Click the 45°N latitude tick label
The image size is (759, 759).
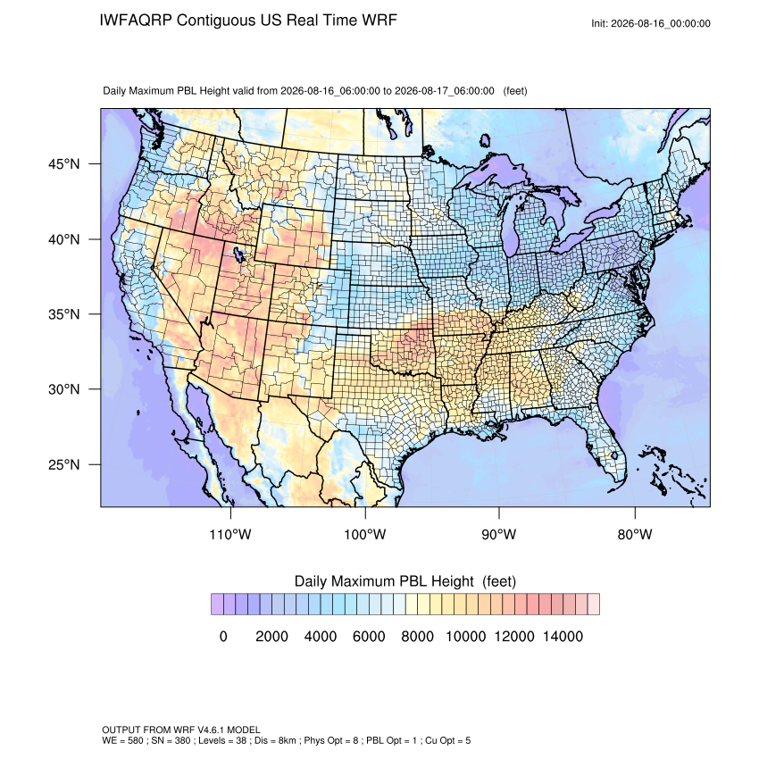63,164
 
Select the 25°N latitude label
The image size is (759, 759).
63,464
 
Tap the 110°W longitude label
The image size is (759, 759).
230,534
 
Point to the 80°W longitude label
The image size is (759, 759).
635,534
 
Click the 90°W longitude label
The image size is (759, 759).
498,534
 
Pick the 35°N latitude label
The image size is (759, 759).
63,314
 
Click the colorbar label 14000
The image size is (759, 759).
563,636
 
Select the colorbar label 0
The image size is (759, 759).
223,636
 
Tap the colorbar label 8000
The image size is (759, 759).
417,636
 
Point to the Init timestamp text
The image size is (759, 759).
651,23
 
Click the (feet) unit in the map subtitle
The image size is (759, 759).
515,91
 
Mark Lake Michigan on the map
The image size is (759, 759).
510,228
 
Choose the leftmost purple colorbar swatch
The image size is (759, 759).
217,605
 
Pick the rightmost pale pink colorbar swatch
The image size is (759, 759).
594,605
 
